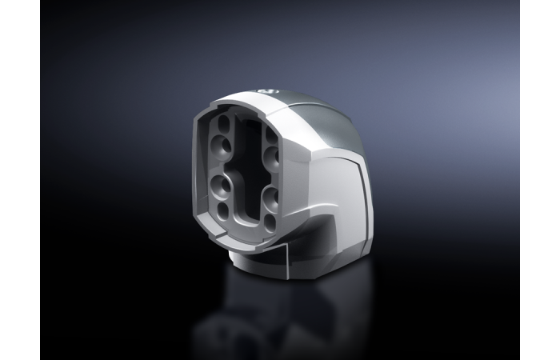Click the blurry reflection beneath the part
pos(272,320)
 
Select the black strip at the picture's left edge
pos(20,180)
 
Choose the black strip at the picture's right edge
pos(540,180)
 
